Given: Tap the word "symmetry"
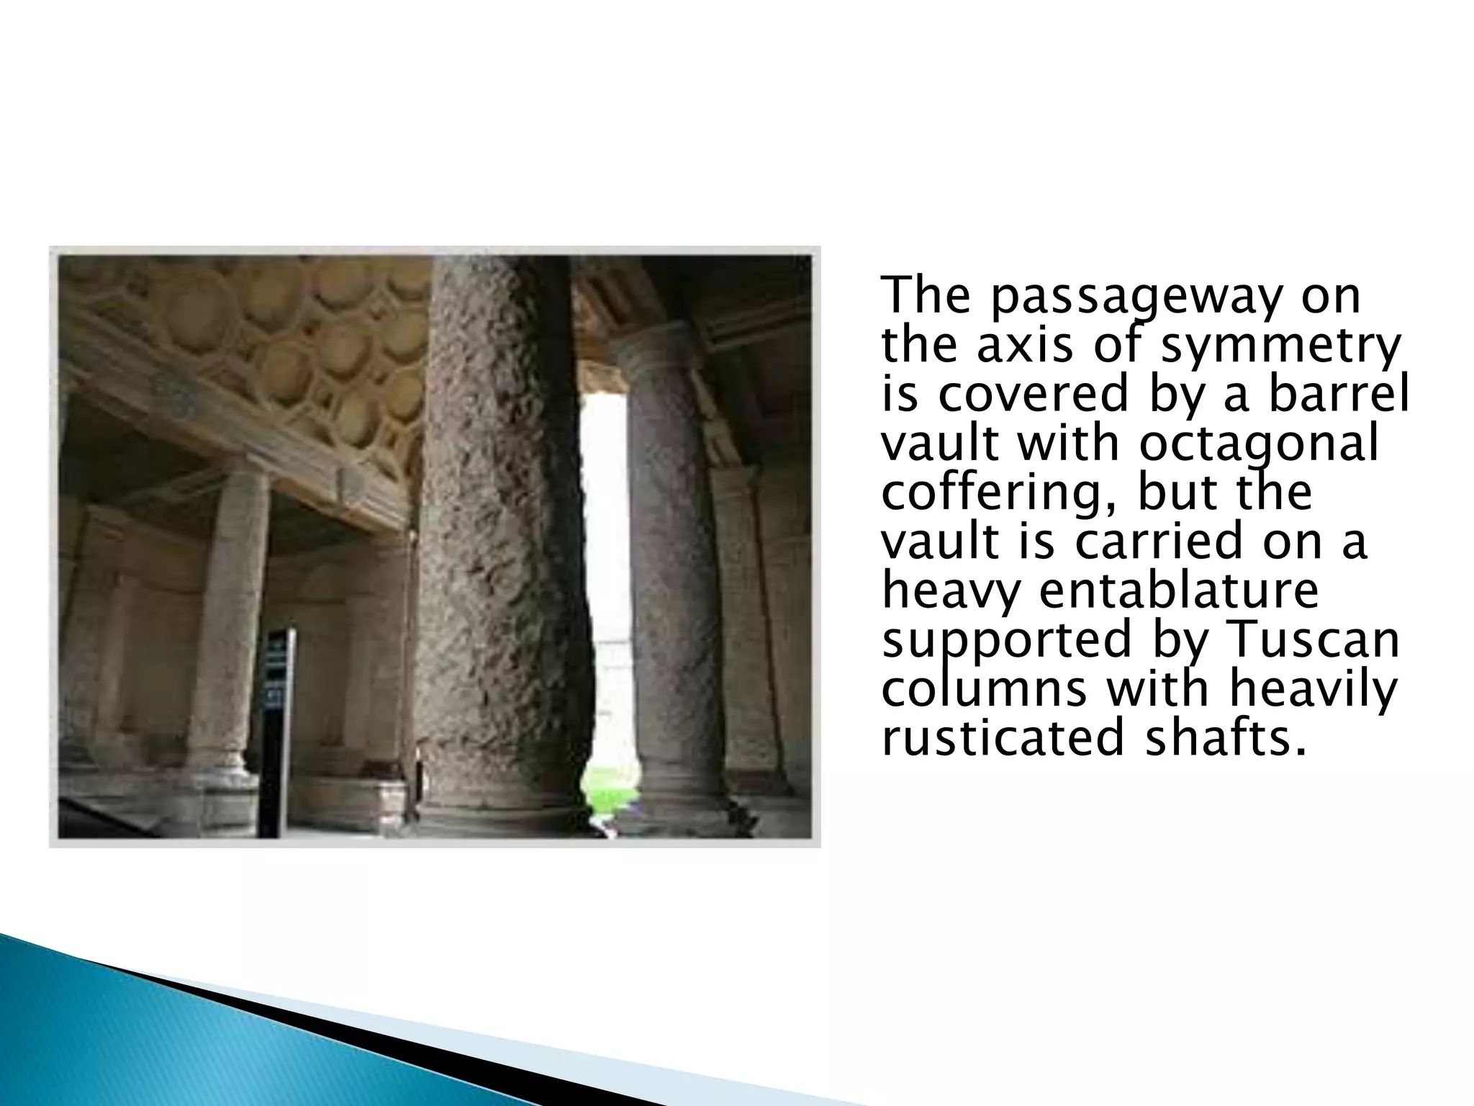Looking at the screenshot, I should pos(1281,346).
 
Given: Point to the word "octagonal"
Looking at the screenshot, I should pos(1259,444).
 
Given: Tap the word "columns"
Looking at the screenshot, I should pos(984,689).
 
